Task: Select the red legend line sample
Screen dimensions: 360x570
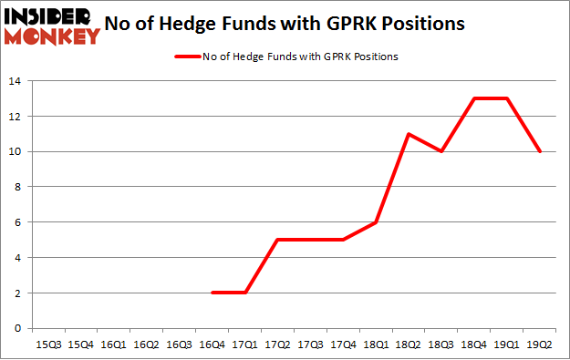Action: [x=185, y=57]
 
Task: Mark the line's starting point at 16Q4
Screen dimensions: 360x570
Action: [x=212, y=293]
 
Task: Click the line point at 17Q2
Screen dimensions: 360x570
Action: [x=277, y=240]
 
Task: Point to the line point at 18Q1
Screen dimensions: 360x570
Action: [x=376, y=222]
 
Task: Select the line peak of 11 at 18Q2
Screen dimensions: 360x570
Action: [x=409, y=134]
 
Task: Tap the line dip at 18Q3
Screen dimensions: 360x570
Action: [x=441, y=151]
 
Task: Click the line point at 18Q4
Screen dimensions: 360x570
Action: [x=474, y=98]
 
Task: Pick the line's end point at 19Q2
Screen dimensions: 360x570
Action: [x=540, y=151]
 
